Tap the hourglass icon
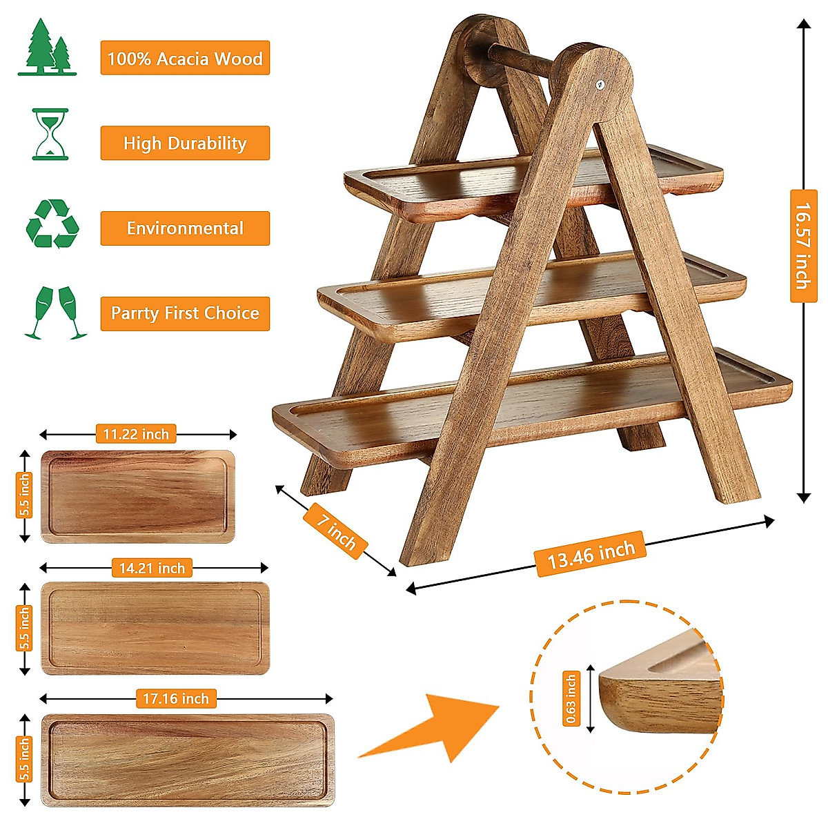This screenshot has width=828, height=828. tap(50, 134)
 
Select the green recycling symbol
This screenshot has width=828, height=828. tap(52, 224)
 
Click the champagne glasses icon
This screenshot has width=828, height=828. tap(55, 312)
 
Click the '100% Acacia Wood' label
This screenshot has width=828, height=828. tap(185, 58)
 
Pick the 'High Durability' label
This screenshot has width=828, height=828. tap(185, 144)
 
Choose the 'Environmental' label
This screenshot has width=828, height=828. tap(185, 228)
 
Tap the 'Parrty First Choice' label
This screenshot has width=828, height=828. tap(185, 313)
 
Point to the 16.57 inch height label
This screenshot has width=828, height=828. tap(803, 246)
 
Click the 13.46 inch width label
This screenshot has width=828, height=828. tap(591, 554)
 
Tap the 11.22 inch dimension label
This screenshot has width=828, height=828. tap(136, 434)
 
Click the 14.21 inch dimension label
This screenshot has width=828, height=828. tap(152, 568)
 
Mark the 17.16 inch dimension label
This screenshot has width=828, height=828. tap(175, 698)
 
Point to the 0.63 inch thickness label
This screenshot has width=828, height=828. tap(571, 698)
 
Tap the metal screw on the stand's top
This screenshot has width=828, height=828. tap(600, 85)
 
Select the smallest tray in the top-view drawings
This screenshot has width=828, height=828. tap(137, 496)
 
